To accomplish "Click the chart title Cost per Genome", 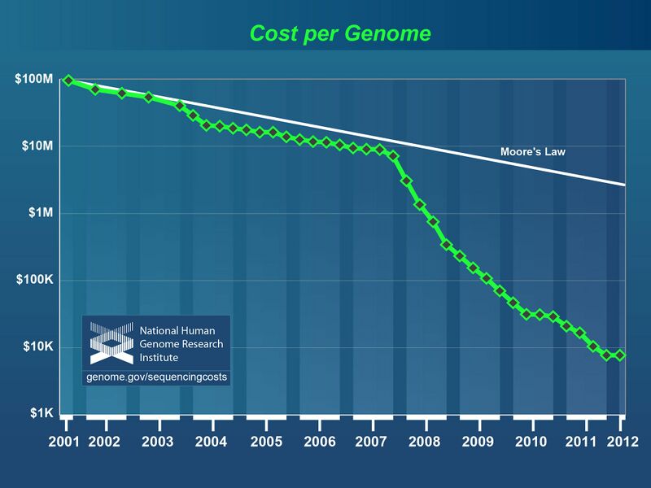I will tap(339, 34).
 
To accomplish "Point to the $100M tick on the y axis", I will tap(33, 79).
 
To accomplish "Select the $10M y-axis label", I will tap(36, 146).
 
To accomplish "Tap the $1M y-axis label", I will tap(39, 213).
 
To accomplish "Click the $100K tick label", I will tap(34, 281).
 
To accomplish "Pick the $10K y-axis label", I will tap(37, 347).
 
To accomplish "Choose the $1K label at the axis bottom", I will tap(41, 414).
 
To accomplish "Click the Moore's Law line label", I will tap(532, 151).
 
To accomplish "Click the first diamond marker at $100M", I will tap(68, 80).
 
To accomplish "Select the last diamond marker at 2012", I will tap(620, 355).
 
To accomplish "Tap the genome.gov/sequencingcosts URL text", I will tap(156, 377).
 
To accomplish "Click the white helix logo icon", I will tap(111, 342).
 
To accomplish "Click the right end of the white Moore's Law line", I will tap(624, 185).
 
